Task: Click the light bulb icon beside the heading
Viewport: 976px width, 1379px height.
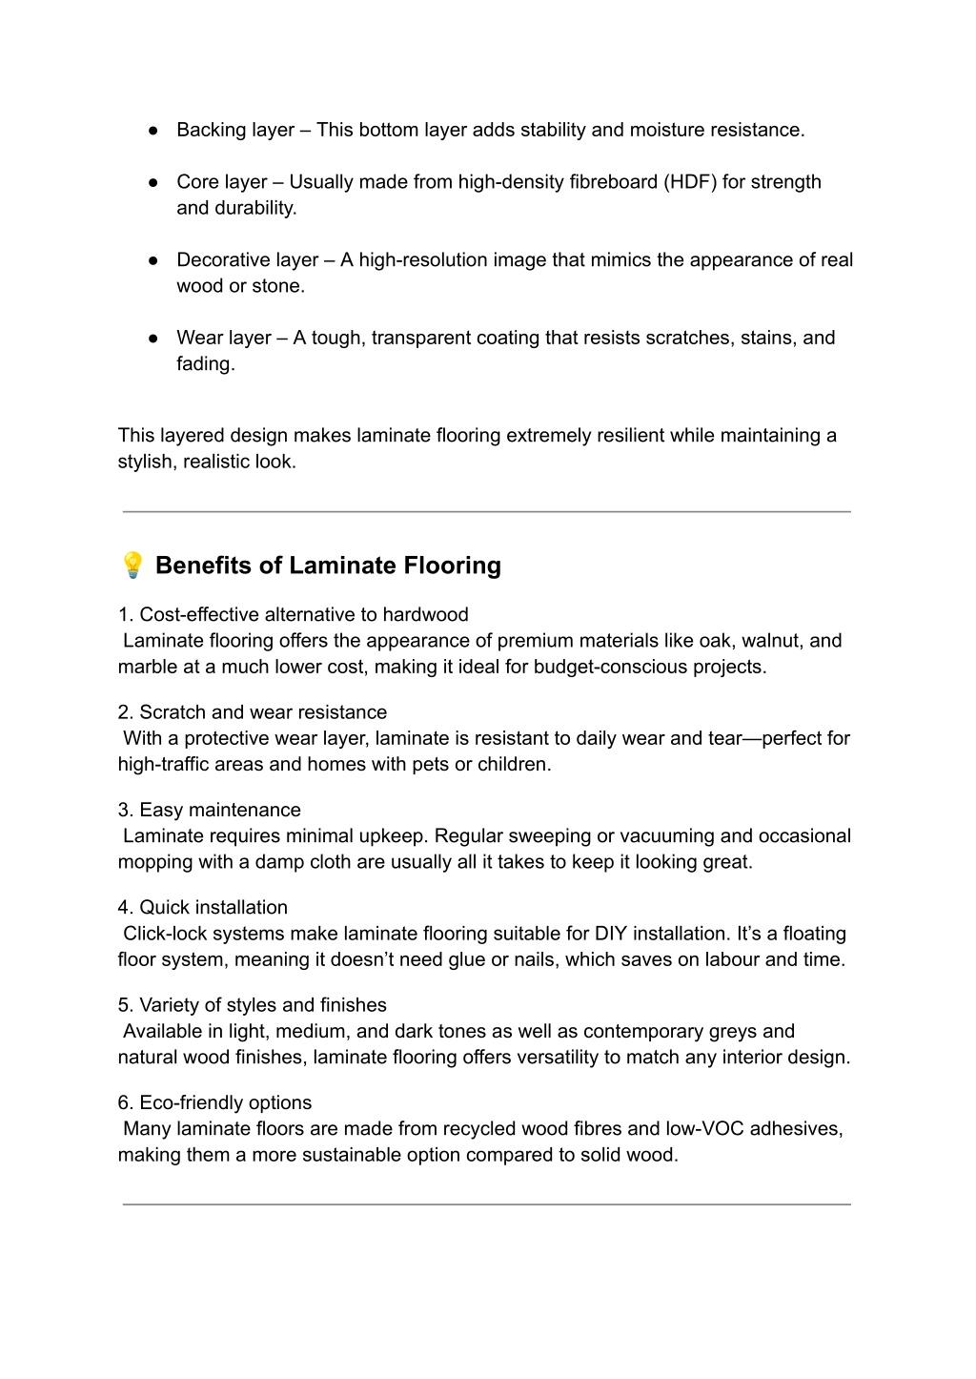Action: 132,565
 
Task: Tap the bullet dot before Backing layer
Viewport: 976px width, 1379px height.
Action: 152,130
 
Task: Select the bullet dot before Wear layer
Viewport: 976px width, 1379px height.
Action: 152,338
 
